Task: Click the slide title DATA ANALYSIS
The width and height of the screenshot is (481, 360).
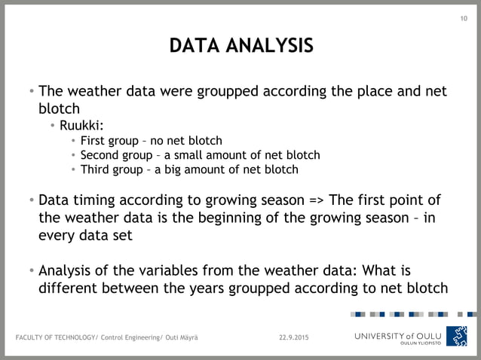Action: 240,47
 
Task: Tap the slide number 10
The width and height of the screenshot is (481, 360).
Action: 464,20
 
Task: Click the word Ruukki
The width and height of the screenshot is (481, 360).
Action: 86,124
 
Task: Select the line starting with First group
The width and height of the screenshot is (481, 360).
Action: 152,140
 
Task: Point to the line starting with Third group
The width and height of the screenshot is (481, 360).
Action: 188,169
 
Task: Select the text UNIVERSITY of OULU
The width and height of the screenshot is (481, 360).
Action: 398,335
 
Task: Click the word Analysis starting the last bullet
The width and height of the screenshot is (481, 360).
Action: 66,270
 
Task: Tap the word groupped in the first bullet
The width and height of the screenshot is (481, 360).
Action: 228,92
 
